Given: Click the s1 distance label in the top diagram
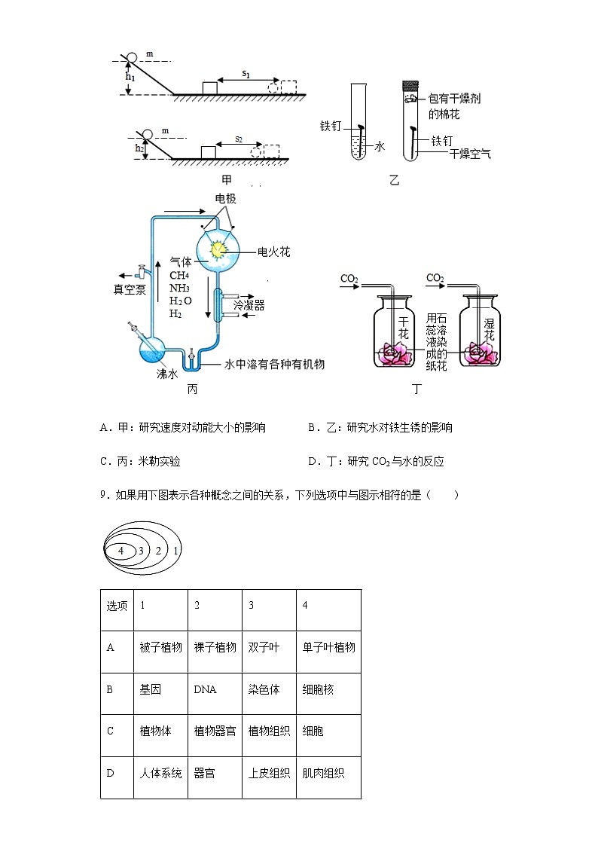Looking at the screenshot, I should pyautogui.click(x=246, y=74).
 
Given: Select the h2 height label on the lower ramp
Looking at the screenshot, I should pyautogui.click(x=140, y=149).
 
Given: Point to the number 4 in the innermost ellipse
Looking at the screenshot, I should pyautogui.click(x=121, y=551).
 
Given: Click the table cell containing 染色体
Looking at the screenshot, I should pyautogui.click(x=269, y=689).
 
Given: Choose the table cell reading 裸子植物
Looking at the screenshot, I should pyautogui.click(x=215, y=647).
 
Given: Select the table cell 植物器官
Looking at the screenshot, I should pyautogui.click(x=215, y=731).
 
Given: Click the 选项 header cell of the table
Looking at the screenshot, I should pyautogui.click(x=117, y=606).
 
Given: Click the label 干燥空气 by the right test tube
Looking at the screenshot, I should pyautogui.click(x=469, y=154).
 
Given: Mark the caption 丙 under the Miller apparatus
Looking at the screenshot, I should pyautogui.click(x=192, y=389).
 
